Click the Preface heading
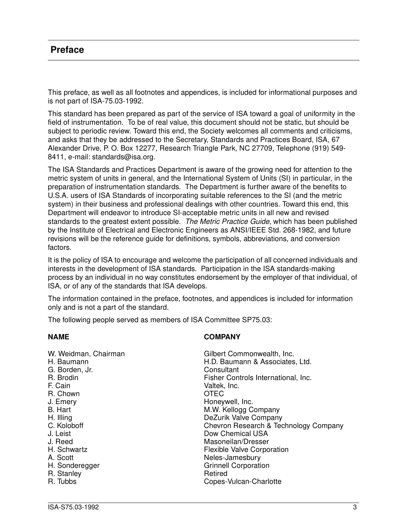click(67, 50)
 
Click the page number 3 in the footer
click(355, 507)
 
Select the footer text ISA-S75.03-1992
click(73, 507)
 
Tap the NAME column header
click(58, 337)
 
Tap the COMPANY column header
click(222, 337)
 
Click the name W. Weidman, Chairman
click(86, 354)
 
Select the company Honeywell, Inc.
click(228, 402)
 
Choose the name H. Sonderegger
click(74, 466)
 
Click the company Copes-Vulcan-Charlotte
click(242, 482)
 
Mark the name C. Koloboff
click(66, 426)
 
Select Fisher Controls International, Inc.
click(257, 378)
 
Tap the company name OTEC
click(214, 394)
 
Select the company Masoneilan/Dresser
click(236, 442)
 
